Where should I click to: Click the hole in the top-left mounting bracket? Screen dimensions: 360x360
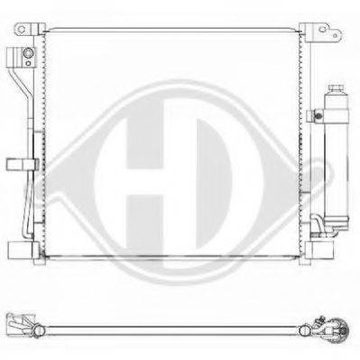[x=22, y=29]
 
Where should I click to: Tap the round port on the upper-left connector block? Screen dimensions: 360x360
[x=28, y=53]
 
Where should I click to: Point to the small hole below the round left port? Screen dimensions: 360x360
[x=28, y=63]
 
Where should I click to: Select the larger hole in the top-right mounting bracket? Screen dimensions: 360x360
[x=322, y=29]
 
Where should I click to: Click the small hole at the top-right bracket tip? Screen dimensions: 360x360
[x=335, y=35]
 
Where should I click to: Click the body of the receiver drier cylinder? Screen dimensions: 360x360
[x=337, y=156]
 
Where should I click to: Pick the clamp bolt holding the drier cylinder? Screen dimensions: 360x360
[x=316, y=115]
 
